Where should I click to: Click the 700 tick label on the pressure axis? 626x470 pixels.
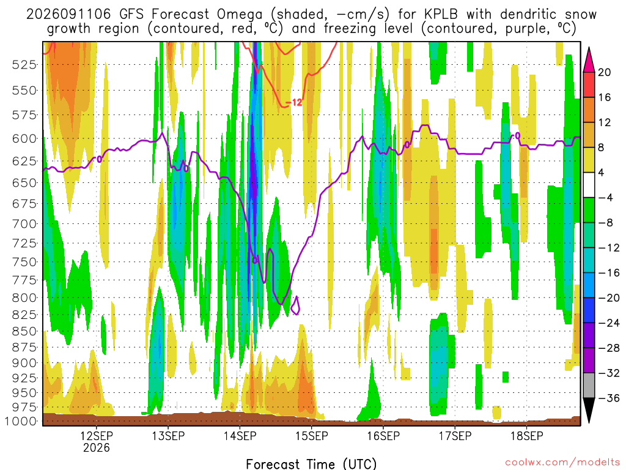[x=24, y=224]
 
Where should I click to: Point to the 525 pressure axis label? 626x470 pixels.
[x=24, y=64]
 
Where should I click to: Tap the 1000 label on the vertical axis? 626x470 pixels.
[x=21, y=421]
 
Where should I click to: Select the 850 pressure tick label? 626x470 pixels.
[x=24, y=331]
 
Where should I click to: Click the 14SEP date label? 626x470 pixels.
[x=240, y=436]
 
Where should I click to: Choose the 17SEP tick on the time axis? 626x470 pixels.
[x=455, y=436]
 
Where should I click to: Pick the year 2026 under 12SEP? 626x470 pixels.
[x=96, y=447]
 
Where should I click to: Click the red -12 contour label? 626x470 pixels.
[x=294, y=103]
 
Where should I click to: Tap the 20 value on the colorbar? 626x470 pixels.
[x=605, y=72]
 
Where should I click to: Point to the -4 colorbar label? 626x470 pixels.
[x=605, y=198]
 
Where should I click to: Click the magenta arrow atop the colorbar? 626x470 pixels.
[x=589, y=60]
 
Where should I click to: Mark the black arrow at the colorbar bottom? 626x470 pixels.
[x=589, y=410]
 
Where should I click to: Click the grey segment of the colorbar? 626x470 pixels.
[x=589, y=386]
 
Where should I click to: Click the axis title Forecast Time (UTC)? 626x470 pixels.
[x=311, y=464]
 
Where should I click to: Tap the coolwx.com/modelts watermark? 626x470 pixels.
[x=562, y=463]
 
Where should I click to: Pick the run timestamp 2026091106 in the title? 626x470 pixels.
[x=68, y=15]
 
